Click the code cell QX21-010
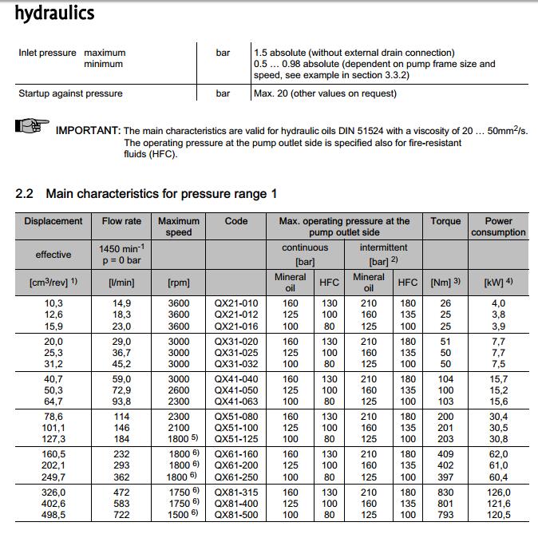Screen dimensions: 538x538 (x=236, y=303)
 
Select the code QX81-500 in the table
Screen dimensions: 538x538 (x=236, y=516)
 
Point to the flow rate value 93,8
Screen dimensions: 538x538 (x=121, y=402)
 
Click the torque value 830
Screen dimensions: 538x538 (x=445, y=493)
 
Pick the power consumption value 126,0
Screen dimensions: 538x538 (x=498, y=493)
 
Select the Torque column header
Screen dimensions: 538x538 (x=445, y=221)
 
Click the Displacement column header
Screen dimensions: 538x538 (x=53, y=221)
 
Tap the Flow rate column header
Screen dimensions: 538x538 (x=121, y=221)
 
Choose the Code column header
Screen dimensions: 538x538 (x=236, y=221)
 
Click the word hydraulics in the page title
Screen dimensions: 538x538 (x=54, y=13)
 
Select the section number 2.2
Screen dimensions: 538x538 (x=26, y=194)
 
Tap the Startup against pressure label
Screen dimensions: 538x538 (x=70, y=93)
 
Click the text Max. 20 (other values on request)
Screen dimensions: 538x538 (x=325, y=93)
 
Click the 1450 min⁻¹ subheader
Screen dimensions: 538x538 (x=121, y=248)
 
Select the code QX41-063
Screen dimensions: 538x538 (x=236, y=402)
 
